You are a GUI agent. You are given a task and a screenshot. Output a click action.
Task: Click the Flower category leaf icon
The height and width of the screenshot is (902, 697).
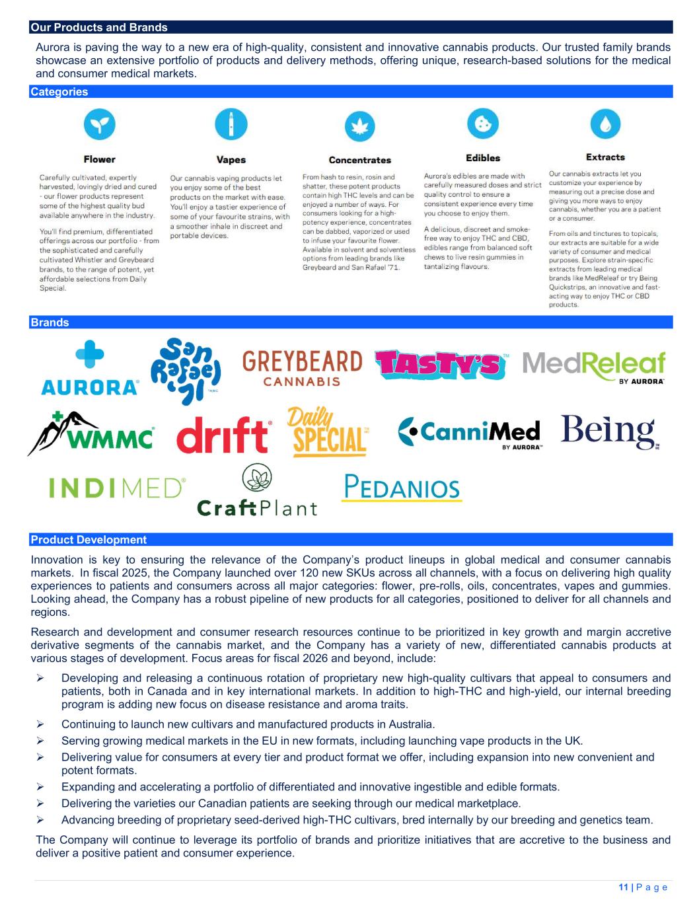point(100,124)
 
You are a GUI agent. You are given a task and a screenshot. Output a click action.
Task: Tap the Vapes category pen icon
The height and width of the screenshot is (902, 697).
point(231,124)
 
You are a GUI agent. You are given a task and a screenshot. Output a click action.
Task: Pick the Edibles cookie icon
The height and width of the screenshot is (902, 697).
point(482,122)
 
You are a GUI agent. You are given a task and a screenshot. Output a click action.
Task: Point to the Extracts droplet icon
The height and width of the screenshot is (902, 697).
point(605,124)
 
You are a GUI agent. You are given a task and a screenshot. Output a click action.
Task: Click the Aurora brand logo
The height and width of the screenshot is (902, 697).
point(90,368)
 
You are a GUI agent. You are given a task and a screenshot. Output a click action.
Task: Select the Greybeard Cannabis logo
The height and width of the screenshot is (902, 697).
point(303,368)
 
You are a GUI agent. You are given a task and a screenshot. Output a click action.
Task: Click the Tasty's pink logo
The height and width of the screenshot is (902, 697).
point(441,364)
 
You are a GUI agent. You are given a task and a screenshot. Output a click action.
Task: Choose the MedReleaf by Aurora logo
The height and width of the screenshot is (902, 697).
point(594,367)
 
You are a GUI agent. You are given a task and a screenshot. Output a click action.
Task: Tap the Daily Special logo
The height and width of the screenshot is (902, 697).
point(328,432)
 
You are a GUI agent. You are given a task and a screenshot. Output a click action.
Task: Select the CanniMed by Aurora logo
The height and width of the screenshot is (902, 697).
point(470,433)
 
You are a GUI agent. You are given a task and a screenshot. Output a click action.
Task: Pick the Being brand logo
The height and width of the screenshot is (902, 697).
point(609,432)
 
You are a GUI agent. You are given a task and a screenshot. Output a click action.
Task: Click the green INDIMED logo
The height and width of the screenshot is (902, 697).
point(117,488)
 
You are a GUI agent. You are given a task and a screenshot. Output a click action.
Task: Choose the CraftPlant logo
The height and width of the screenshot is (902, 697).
point(257,490)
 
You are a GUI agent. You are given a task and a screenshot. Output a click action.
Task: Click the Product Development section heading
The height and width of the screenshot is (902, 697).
point(89,540)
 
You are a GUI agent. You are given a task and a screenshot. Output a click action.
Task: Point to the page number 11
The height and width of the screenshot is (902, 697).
point(623,887)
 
